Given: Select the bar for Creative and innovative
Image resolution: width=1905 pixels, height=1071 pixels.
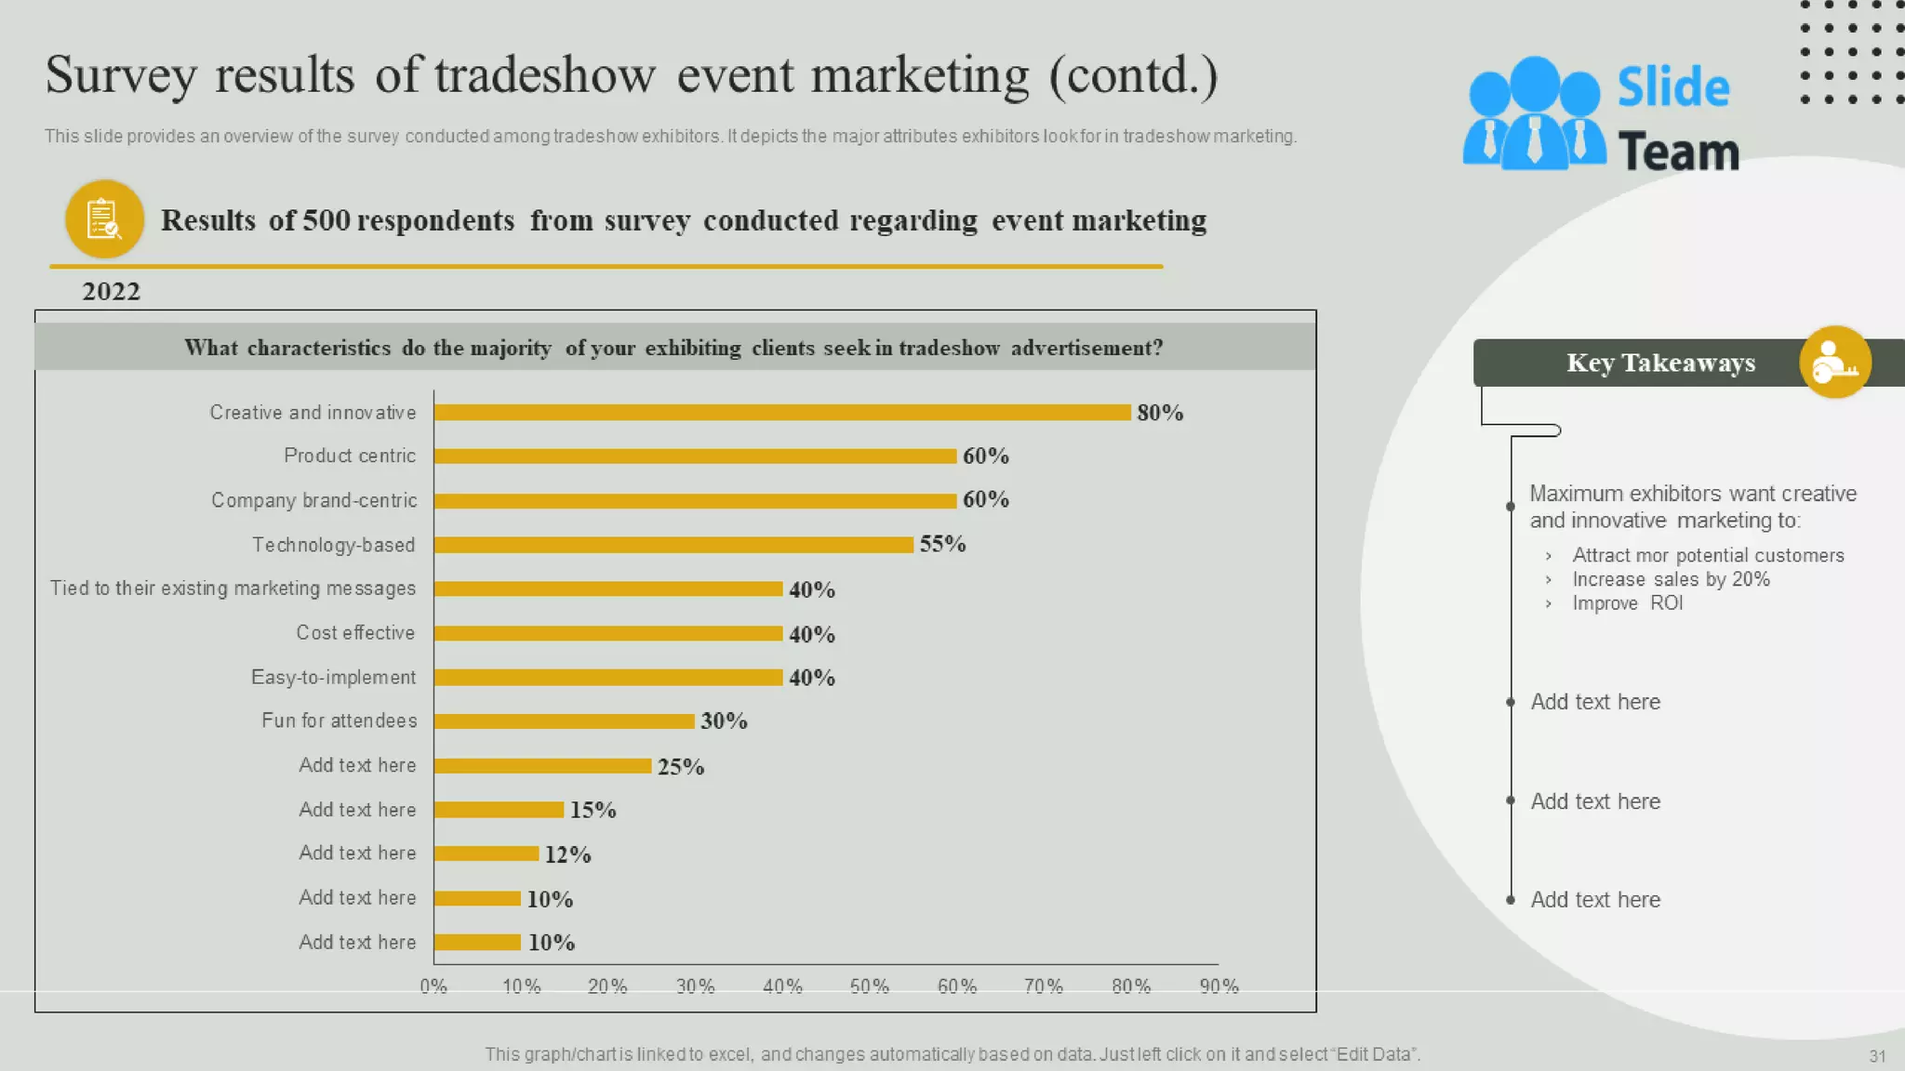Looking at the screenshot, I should coord(781,413).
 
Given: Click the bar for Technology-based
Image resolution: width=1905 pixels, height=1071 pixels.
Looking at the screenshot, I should coord(673,545).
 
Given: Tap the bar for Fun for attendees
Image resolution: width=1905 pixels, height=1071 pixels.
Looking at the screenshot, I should coord(564,721).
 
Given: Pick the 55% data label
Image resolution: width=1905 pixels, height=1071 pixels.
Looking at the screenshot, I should coord(942,544).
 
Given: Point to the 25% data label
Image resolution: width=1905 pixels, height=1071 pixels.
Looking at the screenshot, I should coord(681,767).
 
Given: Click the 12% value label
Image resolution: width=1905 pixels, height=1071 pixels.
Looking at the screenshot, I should coord(567,854).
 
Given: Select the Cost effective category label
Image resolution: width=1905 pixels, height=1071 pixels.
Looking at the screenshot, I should coord(355,633).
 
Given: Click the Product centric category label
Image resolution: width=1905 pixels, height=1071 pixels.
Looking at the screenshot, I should coord(350,456).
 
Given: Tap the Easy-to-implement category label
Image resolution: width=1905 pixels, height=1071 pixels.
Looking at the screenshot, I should coord(333,678).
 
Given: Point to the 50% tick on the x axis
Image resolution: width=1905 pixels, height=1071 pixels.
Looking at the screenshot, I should coord(870,986).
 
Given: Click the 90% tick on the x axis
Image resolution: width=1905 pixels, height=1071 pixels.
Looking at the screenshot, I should coord(1219,986).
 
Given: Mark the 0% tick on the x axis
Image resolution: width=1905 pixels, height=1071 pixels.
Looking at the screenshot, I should coord(433,986).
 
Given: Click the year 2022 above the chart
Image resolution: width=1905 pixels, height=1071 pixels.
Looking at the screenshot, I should coord(111,292).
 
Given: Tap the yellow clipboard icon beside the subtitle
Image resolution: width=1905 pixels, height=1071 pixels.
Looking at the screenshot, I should coord(104,219).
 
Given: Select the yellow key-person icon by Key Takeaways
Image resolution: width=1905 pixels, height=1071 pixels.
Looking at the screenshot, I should coord(1834,363).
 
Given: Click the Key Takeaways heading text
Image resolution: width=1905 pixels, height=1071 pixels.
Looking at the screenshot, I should coord(1660,363).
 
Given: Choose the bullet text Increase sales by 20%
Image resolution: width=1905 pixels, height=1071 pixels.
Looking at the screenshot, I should coord(1671,579).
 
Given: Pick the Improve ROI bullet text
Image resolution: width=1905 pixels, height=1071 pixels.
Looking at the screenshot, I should coord(1627,603).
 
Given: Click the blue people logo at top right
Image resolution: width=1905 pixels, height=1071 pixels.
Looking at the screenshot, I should coord(1534,114).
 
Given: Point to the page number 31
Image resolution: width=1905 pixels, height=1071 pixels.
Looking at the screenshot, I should coord(1877,1056).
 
